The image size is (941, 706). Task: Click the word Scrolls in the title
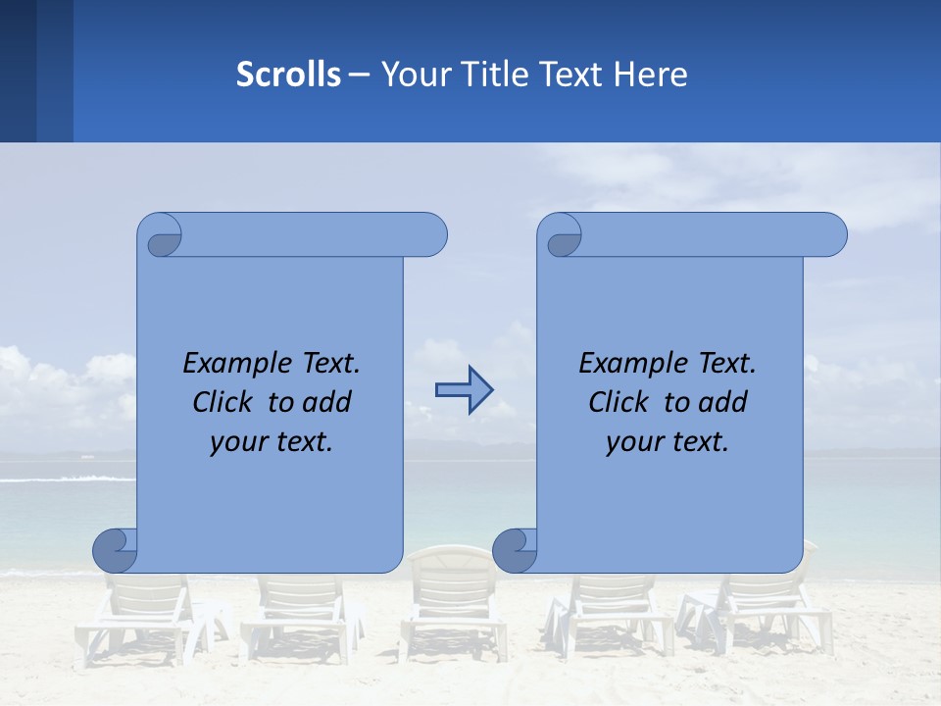288,75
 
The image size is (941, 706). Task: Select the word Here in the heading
651,75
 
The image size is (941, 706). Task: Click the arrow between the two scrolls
464,391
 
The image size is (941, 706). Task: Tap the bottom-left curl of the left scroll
115,551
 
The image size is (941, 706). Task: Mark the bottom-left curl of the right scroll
515,551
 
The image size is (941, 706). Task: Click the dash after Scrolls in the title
360,75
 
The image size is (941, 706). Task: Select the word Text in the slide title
570,75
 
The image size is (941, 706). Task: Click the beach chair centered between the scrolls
454,598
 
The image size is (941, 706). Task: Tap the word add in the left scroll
326,402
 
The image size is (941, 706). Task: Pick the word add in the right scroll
722,402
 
